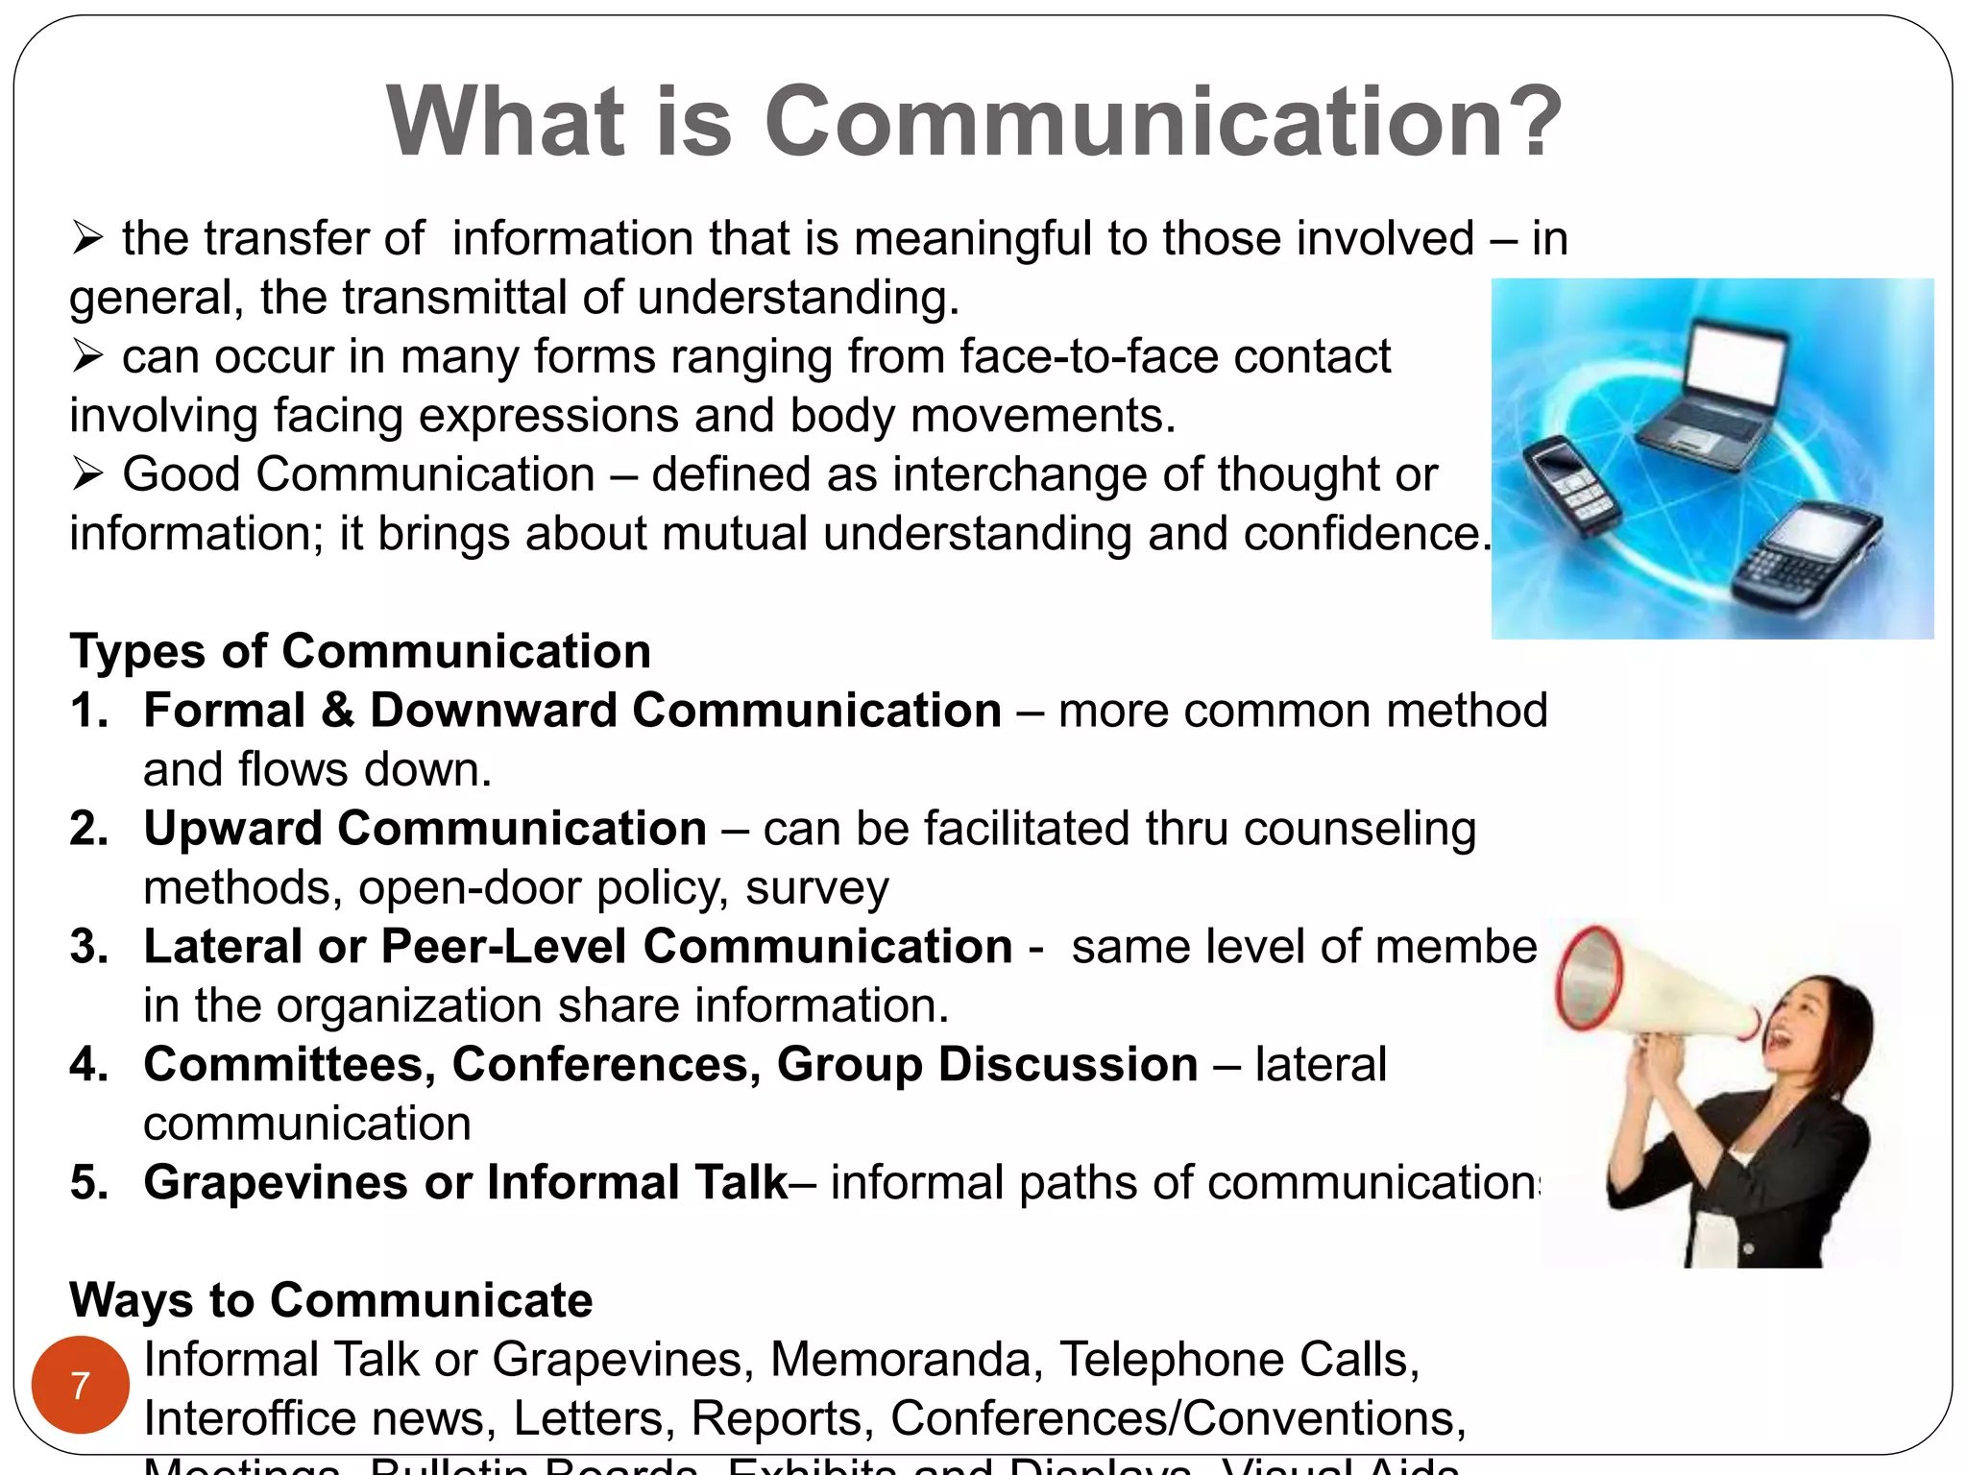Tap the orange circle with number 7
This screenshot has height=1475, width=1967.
pos(81,1385)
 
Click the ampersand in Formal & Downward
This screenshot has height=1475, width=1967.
pos(337,711)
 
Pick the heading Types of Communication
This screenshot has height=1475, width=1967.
pos(360,651)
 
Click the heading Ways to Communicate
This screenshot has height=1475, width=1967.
pos(331,1300)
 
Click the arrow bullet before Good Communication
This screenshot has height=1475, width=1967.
pos(87,474)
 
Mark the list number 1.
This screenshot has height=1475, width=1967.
pos(87,711)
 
